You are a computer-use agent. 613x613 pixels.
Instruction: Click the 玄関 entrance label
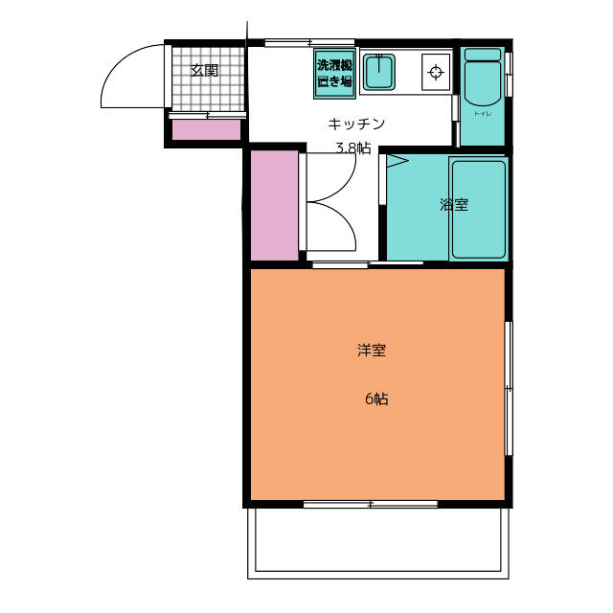coord(204,70)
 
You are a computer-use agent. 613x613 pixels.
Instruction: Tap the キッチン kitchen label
coord(356,124)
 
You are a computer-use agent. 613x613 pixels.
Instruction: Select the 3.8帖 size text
coord(353,148)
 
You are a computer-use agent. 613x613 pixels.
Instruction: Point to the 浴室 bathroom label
coord(453,204)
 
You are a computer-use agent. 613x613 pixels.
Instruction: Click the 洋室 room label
coord(372,350)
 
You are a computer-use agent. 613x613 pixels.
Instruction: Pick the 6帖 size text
coord(376,398)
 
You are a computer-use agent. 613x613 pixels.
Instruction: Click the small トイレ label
coord(483,114)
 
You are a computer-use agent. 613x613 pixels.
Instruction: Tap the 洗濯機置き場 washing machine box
coord(334,74)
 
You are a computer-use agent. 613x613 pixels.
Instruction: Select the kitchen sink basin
coord(379,72)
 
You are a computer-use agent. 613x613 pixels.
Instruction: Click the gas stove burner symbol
coord(436,73)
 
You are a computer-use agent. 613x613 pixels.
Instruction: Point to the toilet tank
coord(483,55)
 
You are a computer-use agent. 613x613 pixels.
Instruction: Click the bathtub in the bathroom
coord(479,209)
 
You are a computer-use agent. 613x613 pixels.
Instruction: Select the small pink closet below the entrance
coord(207,130)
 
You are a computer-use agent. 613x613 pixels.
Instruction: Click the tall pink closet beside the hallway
coord(275,206)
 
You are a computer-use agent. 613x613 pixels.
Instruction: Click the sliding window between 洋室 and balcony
coord(371,504)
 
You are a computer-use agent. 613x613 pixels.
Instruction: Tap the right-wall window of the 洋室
coord(509,388)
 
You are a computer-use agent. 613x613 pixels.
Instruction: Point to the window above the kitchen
coord(309,42)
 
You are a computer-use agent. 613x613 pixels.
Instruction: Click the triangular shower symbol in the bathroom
coord(397,161)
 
